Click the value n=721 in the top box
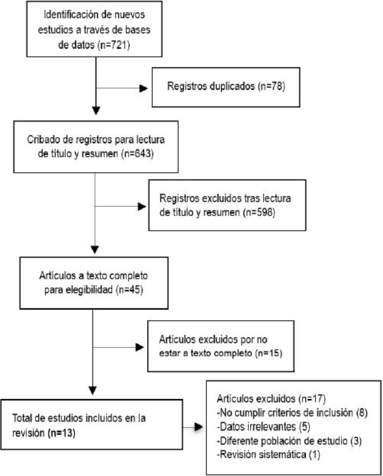tap(113, 45)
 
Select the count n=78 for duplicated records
tap(271, 86)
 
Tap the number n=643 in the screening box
tap(137, 154)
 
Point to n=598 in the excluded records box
tap(259, 212)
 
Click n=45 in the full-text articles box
tap(129, 289)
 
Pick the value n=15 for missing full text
tap(269, 353)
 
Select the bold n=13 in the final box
tap(62, 433)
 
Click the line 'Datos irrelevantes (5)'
tap(263, 427)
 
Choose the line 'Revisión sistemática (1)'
tap(269, 455)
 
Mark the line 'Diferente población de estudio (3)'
tap(289, 441)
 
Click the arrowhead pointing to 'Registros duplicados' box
tap(143, 88)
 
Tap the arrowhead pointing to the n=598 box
tap(142, 206)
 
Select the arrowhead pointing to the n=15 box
tap(140, 347)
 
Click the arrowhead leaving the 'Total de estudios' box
tap(198, 427)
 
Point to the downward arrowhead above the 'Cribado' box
tap(96, 110)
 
